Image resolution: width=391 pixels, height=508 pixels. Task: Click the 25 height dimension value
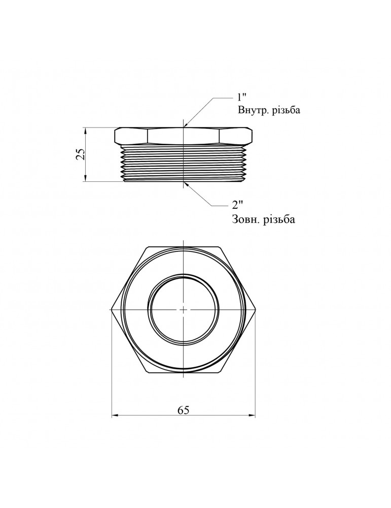[x=80, y=154]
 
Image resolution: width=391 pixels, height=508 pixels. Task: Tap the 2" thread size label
[x=237, y=205]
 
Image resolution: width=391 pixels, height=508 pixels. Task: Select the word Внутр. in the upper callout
[x=255, y=110]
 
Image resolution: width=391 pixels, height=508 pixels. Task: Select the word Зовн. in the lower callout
[x=247, y=220]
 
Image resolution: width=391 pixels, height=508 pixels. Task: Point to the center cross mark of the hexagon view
[x=183, y=309]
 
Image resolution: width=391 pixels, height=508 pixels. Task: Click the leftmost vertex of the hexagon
[x=111, y=309]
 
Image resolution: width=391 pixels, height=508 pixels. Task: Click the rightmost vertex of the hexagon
[x=255, y=309]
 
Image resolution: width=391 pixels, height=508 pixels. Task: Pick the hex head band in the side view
[x=183, y=136]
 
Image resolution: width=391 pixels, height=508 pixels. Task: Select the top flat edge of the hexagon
[x=183, y=247]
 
